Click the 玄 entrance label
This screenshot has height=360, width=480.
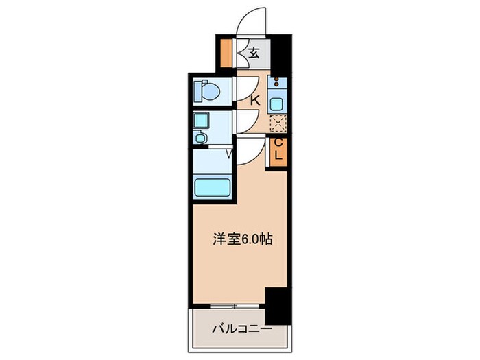pyautogui.click(x=254, y=53)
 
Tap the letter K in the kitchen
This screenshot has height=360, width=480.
pyautogui.click(x=254, y=101)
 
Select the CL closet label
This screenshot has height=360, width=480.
pyautogui.click(x=278, y=150)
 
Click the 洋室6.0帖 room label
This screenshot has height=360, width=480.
pyautogui.click(x=241, y=239)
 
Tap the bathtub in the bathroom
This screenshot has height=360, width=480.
pyautogui.click(x=213, y=187)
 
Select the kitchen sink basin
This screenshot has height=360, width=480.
pyautogui.click(x=277, y=104)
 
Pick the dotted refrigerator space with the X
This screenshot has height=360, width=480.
pyautogui.click(x=277, y=124)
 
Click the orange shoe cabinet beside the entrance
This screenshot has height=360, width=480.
pyautogui.click(x=226, y=52)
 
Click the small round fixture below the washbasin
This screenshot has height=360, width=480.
pyautogui.click(x=200, y=138)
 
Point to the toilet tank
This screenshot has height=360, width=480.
pyautogui.click(x=198, y=90)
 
